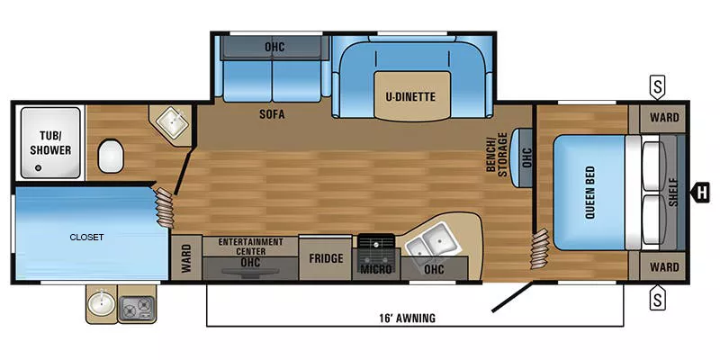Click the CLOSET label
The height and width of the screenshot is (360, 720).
(x=87, y=238)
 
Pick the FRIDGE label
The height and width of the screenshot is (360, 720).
(x=326, y=259)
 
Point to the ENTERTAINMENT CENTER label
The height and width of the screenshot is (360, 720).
(x=251, y=247)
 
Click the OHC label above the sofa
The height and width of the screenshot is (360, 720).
(x=274, y=47)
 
